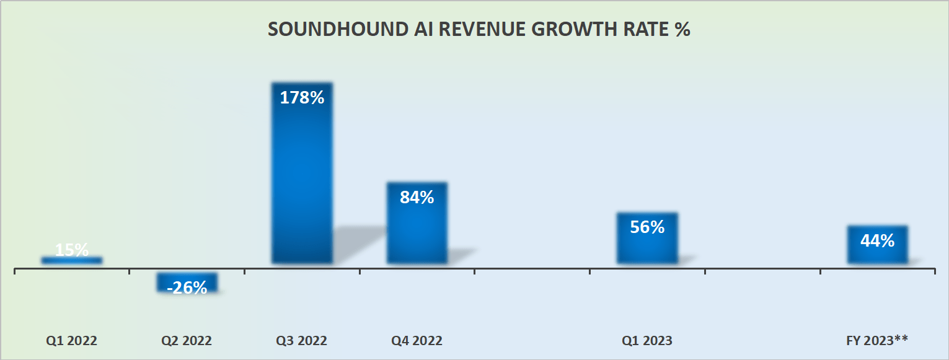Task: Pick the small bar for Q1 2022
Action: [x=72, y=260]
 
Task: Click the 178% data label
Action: [x=302, y=98]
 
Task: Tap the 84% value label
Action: [x=417, y=198]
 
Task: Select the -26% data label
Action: [x=187, y=288]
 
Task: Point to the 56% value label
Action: [x=647, y=227]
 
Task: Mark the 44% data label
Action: [x=877, y=240]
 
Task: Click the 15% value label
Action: [x=72, y=250]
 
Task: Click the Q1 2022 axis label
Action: [x=72, y=341]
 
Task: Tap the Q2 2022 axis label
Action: [x=187, y=341]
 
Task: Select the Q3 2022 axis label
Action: [x=302, y=341]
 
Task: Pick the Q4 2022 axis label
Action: [x=417, y=341]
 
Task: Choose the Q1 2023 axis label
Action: [x=647, y=341]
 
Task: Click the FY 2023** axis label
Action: [x=877, y=341]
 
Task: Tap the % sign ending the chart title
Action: [x=682, y=30]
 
